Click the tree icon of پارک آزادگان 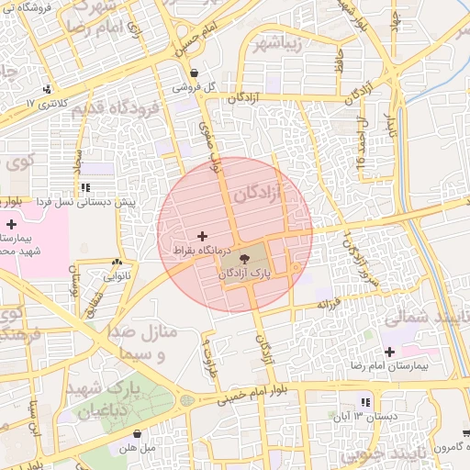point(243,260)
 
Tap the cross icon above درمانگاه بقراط point(202,237)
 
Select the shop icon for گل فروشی point(194,74)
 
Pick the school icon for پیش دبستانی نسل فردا point(84,187)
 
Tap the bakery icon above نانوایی point(116,262)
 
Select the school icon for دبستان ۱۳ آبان point(365,402)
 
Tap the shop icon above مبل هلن point(138,433)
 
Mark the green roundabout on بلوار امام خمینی point(187,400)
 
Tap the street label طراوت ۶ point(207,348)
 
